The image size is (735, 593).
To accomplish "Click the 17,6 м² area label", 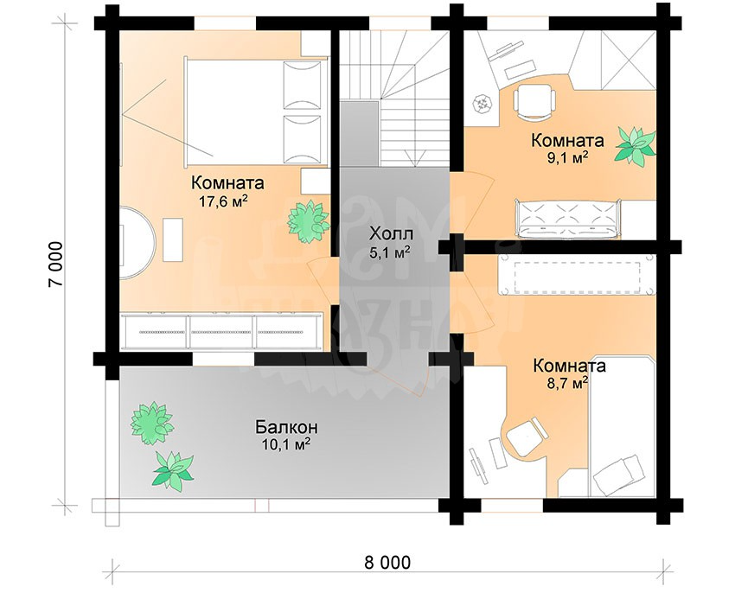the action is (223, 202).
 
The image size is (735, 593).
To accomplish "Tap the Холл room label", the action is (392, 233).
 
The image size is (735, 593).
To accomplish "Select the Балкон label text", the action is (286, 427).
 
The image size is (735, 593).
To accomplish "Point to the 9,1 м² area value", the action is (566, 158).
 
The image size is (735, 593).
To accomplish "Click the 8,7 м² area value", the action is (566, 384).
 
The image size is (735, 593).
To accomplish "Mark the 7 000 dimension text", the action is (56, 265).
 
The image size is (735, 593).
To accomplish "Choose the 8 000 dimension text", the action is (387, 562).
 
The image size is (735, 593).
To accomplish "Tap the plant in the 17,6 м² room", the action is (308, 220).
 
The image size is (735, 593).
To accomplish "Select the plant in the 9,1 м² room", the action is (636, 145).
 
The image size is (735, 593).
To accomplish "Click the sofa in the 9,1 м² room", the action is (569, 219).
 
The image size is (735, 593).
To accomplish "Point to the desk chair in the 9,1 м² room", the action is (534, 101).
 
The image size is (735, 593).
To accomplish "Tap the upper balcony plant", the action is (152, 423).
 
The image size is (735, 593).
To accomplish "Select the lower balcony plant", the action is (172, 471).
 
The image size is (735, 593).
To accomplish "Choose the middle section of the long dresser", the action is (220, 332).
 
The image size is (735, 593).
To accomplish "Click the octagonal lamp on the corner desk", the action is (483, 104).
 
